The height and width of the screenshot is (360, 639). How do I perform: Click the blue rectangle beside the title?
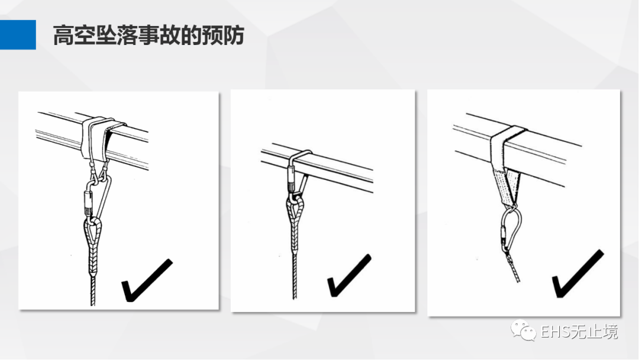click(18, 35)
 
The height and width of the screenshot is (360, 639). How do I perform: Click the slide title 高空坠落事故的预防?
click(149, 35)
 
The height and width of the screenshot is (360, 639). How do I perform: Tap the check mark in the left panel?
click(147, 280)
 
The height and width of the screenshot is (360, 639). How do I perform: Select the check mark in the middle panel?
click(350, 275)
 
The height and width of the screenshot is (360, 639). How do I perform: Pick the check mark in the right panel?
click(578, 274)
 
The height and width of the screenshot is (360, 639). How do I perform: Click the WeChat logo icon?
click(523, 330)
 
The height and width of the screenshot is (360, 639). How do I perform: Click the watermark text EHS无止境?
click(579, 332)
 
